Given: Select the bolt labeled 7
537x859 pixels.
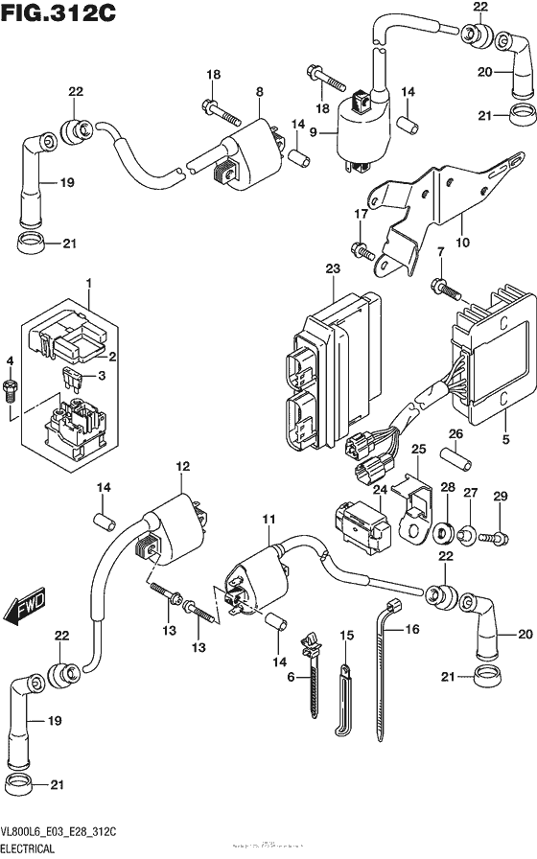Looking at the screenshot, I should (x=444, y=285).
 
